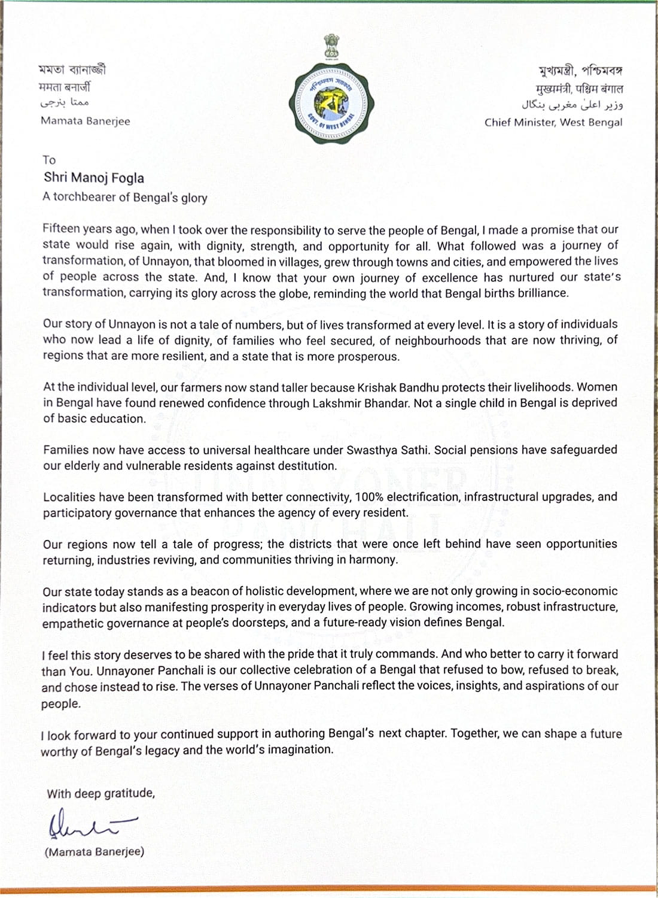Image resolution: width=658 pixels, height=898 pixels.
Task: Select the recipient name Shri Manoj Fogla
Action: [x=94, y=177]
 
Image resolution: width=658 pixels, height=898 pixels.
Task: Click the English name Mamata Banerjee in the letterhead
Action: [x=85, y=121]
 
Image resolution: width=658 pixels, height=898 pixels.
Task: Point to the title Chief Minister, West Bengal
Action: [x=553, y=122]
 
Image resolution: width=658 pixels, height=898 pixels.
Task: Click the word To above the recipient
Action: [x=49, y=160]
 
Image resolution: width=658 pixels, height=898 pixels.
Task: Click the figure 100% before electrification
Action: [x=369, y=497]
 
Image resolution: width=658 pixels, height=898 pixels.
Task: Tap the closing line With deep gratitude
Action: [x=100, y=793]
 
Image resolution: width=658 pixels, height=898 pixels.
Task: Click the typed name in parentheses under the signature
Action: [x=95, y=851]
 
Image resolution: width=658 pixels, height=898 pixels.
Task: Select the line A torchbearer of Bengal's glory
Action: [x=124, y=197]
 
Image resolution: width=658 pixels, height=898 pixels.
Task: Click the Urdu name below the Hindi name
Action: [x=65, y=103]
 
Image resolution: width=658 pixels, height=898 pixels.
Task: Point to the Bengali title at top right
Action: [x=580, y=71]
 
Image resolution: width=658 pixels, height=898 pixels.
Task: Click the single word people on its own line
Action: [x=60, y=703]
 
